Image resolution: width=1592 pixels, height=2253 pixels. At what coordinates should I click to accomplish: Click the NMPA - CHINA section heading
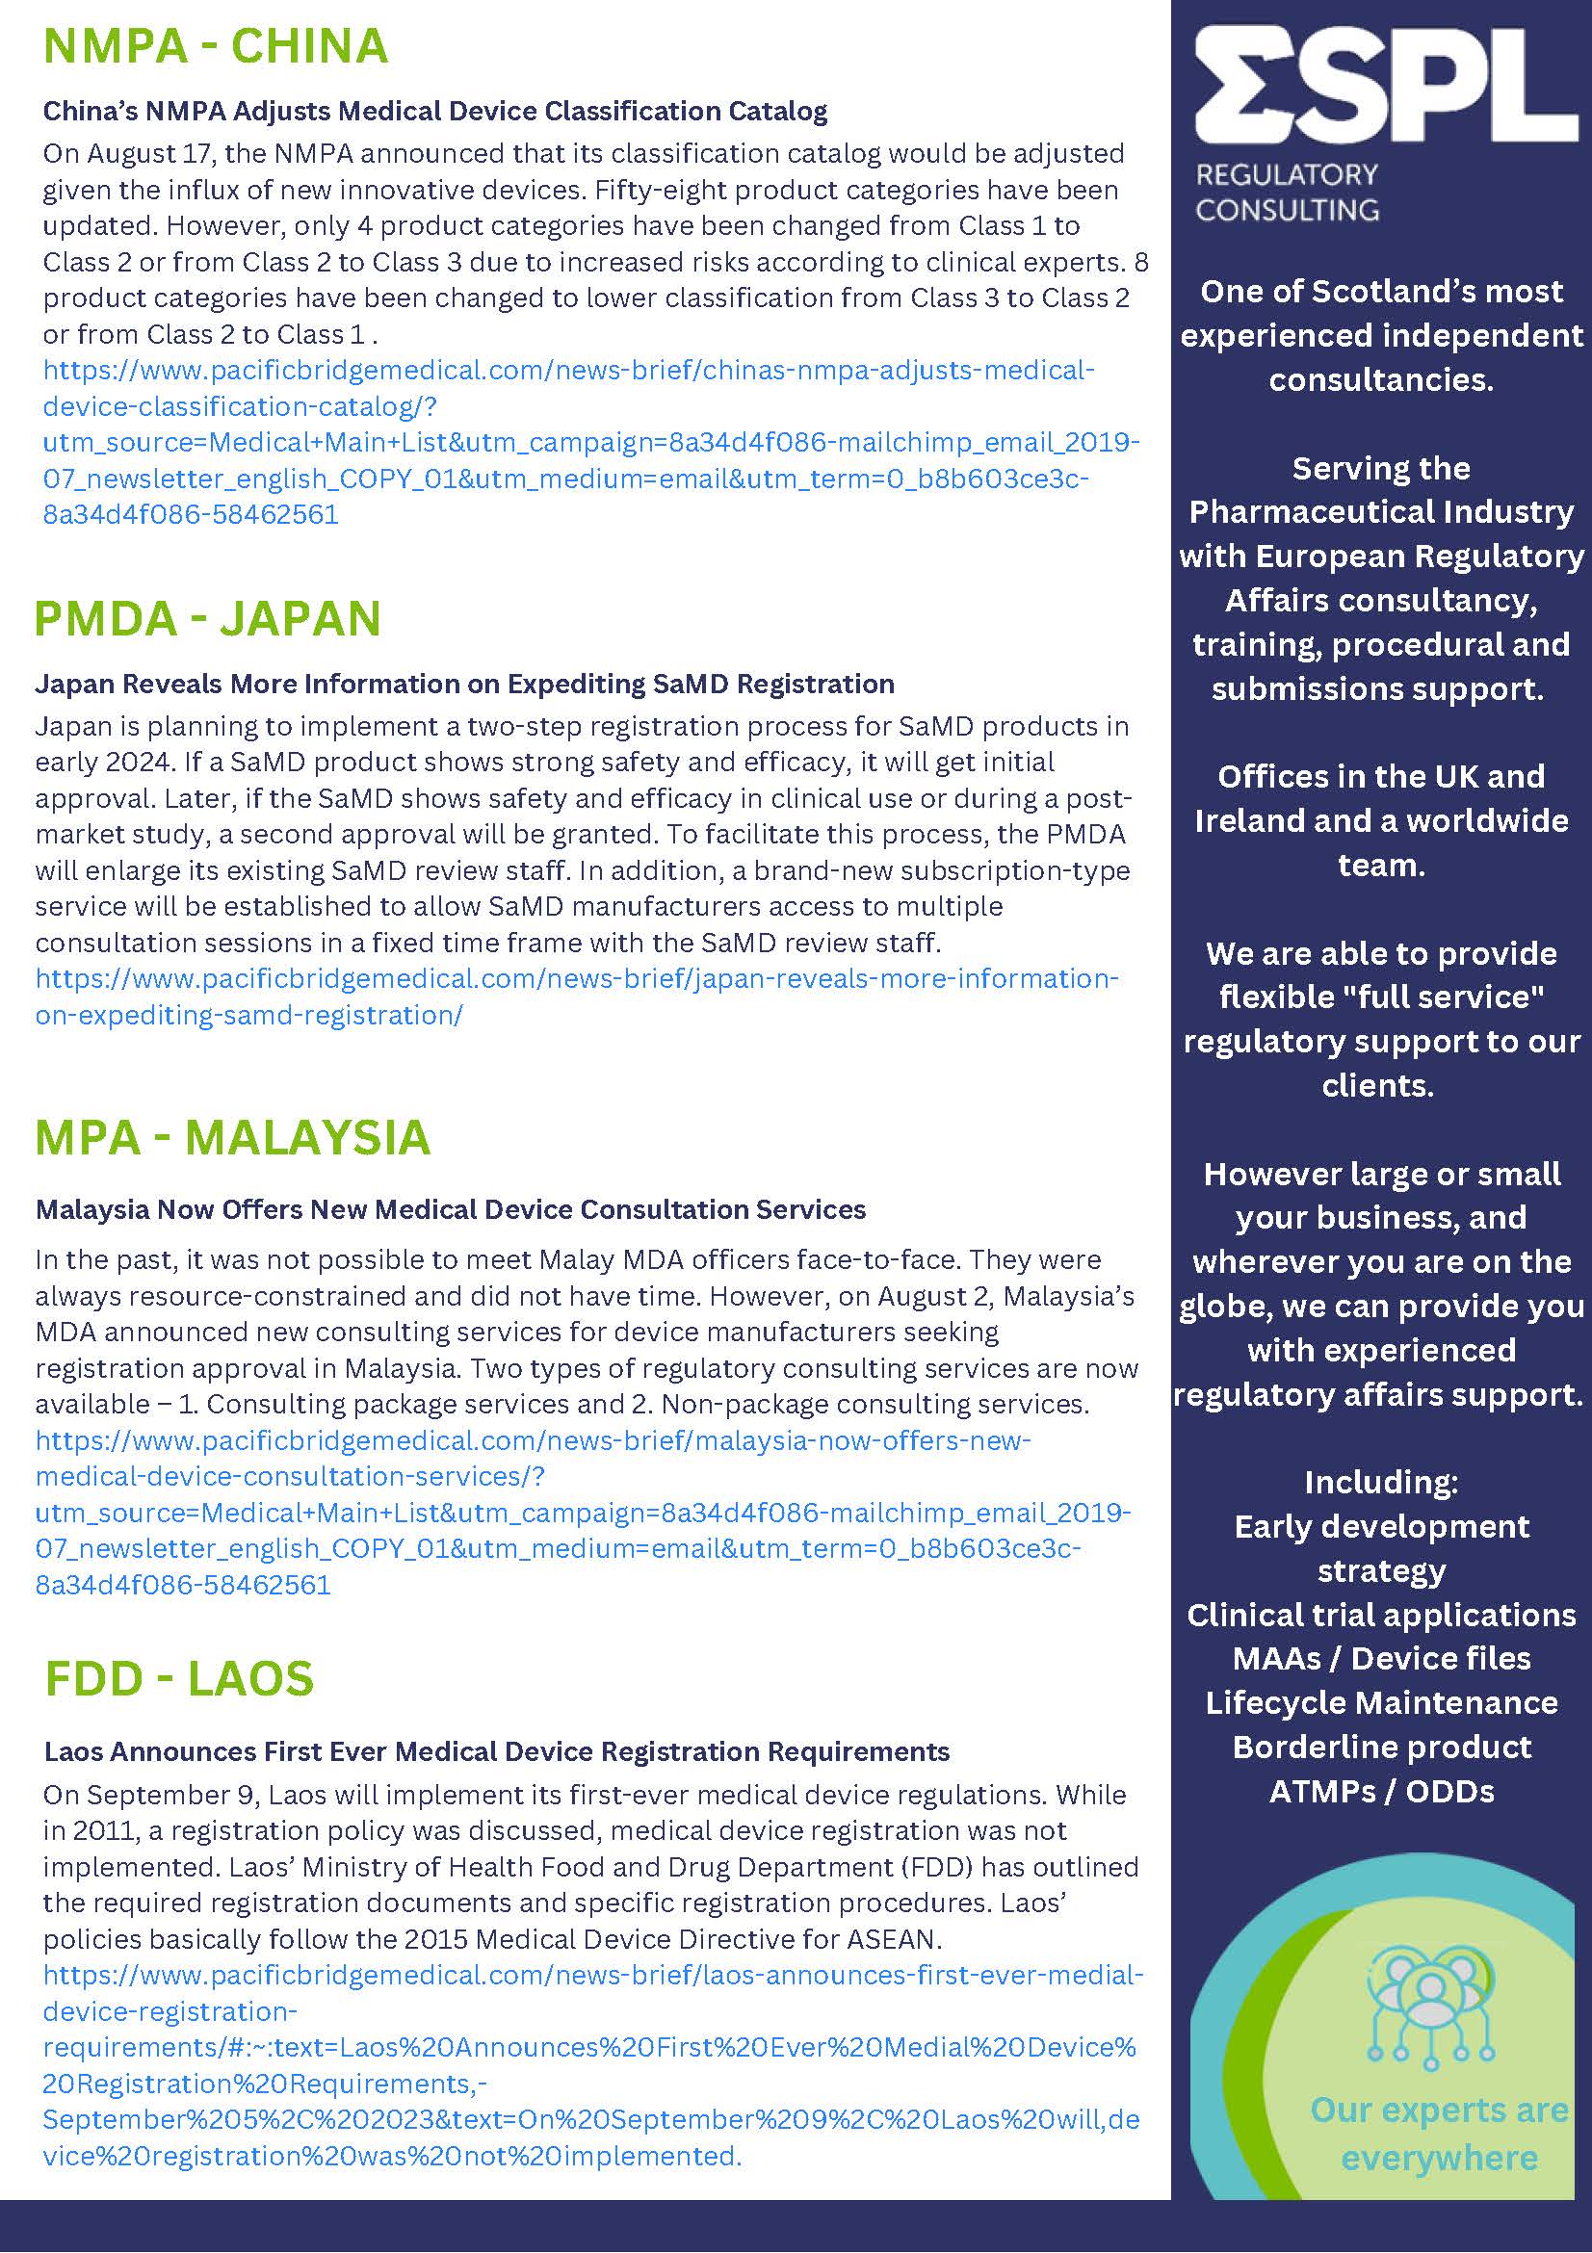(216, 46)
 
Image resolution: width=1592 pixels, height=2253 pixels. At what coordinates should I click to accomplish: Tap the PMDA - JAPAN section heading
(207, 618)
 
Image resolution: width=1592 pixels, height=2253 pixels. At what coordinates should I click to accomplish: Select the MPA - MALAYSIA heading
(233, 1137)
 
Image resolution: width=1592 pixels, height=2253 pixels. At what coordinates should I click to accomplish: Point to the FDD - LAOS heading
(179, 1678)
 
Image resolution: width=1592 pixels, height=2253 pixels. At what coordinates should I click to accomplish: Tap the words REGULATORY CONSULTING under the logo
(1287, 193)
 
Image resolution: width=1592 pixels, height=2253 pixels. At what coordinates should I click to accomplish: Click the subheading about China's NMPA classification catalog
(434, 111)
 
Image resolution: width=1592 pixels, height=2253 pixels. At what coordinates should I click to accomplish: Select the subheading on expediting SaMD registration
(464, 683)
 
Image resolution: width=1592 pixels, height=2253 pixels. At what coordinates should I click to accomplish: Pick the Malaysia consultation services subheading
(451, 1209)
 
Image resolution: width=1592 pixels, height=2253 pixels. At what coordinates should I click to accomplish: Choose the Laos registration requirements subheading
(497, 1751)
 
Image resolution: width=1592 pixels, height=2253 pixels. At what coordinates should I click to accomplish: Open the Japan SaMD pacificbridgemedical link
(576, 996)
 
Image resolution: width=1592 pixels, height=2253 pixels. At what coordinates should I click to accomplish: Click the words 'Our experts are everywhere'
(1439, 2134)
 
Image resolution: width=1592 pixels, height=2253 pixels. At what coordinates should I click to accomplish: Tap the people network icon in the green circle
(1430, 2005)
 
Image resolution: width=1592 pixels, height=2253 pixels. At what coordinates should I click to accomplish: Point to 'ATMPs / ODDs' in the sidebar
(1381, 1791)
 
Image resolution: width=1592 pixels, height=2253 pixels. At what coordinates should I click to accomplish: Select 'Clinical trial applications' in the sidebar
(1381, 1615)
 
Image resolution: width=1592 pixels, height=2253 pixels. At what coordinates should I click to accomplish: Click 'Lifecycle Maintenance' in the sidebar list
(1381, 1702)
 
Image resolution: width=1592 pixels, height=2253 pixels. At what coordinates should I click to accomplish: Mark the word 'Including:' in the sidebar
(1381, 1482)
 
